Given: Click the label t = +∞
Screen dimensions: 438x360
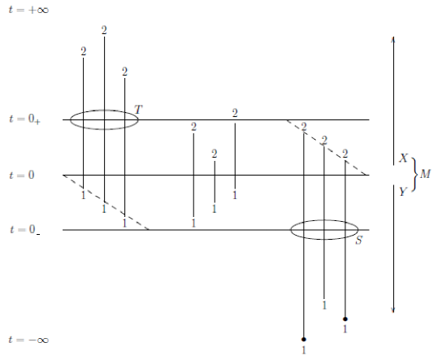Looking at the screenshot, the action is pyautogui.click(x=28, y=10).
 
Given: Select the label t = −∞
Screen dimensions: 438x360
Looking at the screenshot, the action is pyautogui.click(x=28, y=340).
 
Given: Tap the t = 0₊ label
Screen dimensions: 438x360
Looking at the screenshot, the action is pyautogui.click(x=24, y=119).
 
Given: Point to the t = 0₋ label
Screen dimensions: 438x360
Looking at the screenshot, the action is pyautogui.click(x=24, y=230).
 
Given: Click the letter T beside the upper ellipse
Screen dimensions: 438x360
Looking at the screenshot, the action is pyautogui.click(x=138, y=110).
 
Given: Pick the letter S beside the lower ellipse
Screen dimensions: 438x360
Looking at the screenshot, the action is pyautogui.click(x=359, y=241).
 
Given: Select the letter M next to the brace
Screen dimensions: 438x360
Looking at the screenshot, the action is pyautogui.click(x=425, y=174).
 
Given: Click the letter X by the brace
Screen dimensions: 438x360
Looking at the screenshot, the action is pyautogui.click(x=403, y=158).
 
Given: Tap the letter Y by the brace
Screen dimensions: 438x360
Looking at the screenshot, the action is pyautogui.click(x=403, y=191).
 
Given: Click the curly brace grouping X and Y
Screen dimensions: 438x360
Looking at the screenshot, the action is pyautogui.click(x=417, y=175).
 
